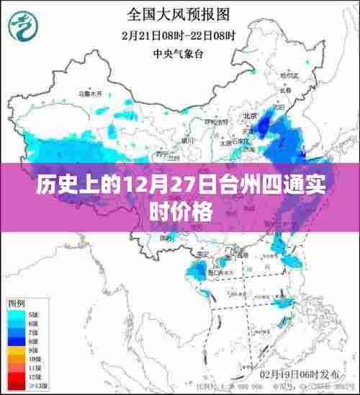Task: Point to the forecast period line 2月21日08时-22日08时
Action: [x=180, y=34]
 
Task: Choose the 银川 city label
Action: [x=189, y=139]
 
